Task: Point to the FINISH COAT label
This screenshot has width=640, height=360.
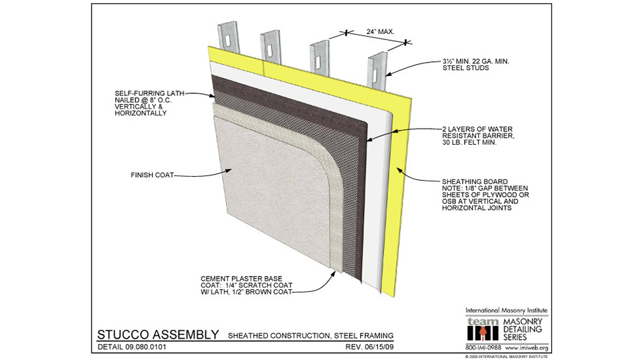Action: click(x=151, y=175)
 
